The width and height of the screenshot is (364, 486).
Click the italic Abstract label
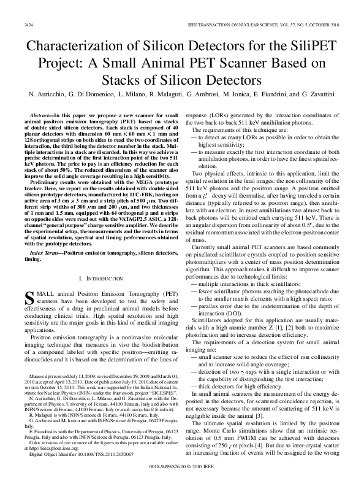pos(41,115)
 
